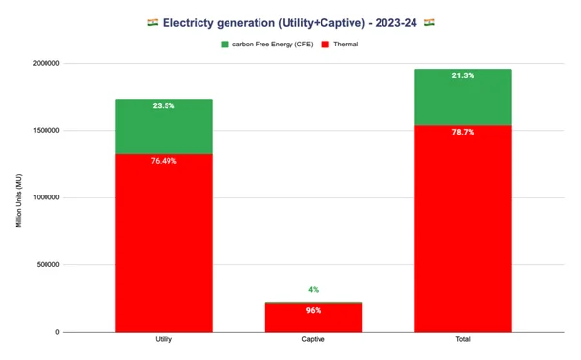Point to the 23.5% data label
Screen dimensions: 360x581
(164, 106)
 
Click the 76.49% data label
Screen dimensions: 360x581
(164, 161)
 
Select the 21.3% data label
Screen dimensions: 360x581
(463, 75)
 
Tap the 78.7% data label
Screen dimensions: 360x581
(463, 132)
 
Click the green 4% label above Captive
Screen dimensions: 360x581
(313, 290)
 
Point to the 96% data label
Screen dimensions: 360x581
(313, 310)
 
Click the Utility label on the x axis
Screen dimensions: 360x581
(164, 340)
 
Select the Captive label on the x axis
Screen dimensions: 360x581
(313, 340)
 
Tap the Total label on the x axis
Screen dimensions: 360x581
(463, 340)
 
